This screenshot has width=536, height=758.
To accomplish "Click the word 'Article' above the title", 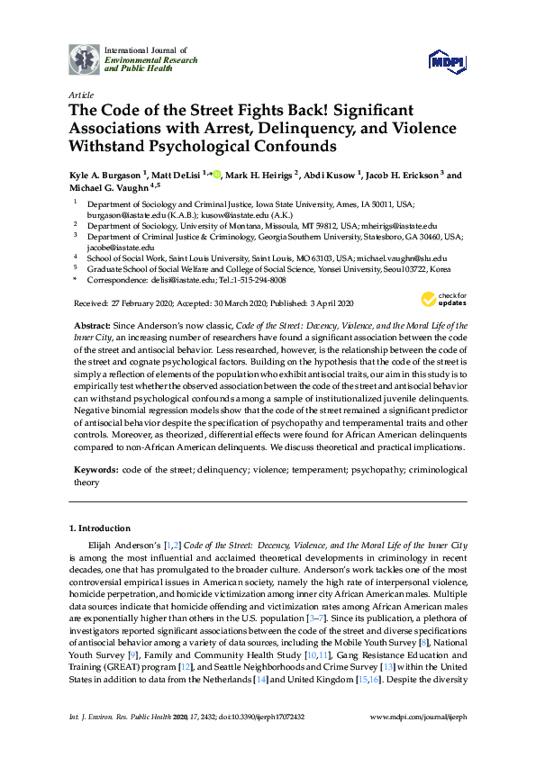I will (80, 94).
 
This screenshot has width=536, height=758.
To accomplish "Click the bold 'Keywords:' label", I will (96, 469).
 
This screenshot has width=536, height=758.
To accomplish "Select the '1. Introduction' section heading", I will (99, 528).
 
